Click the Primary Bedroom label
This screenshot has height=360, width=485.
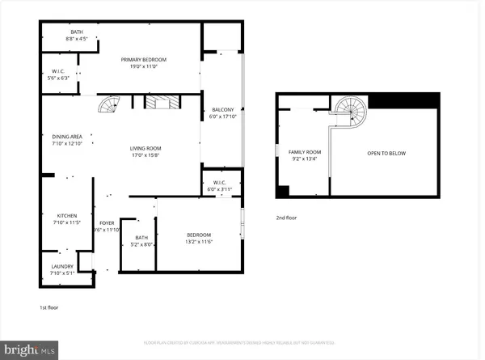pos(144,60)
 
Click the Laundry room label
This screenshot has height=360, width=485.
pos(62,266)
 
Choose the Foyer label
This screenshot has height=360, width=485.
pos(107,223)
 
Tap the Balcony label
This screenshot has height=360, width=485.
pos(223,109)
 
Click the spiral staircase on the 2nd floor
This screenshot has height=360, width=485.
pos(351,110)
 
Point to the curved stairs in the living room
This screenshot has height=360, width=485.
pos(108,103)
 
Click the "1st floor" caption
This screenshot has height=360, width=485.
pos(49,307)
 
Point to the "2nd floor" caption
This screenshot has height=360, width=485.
pos(286,218)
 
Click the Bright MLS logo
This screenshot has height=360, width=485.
pos(30,349)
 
